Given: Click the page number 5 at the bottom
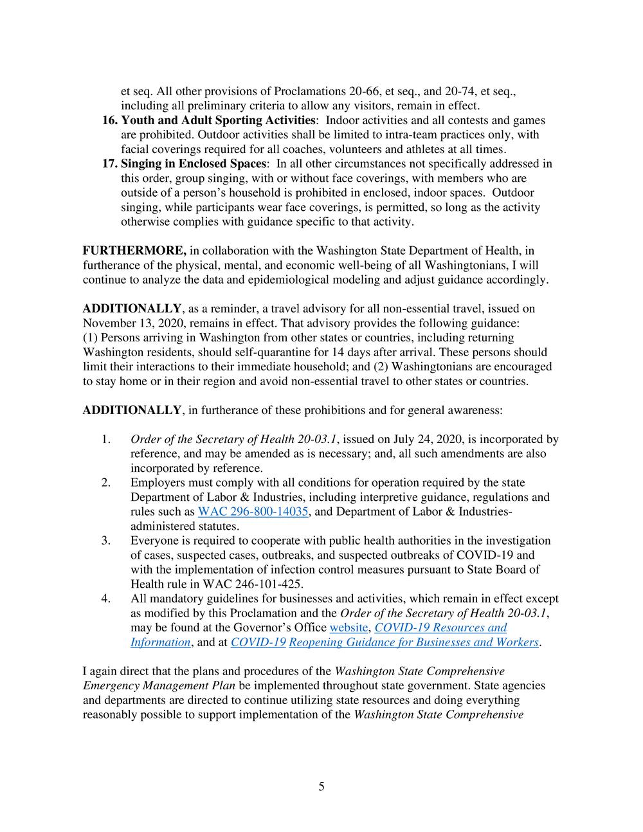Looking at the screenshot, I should coord(321,786).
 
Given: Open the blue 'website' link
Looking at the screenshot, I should coord(349,628).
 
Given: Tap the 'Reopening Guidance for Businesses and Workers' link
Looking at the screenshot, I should coord(413,642).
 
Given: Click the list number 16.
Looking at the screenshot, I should coord(110,120).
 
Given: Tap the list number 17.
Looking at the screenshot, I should coord(110,164).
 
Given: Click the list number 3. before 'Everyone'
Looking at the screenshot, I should coord(106,541).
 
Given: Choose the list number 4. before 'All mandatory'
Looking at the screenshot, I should coord(106,599).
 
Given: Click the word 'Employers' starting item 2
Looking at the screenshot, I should coord(155,483).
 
